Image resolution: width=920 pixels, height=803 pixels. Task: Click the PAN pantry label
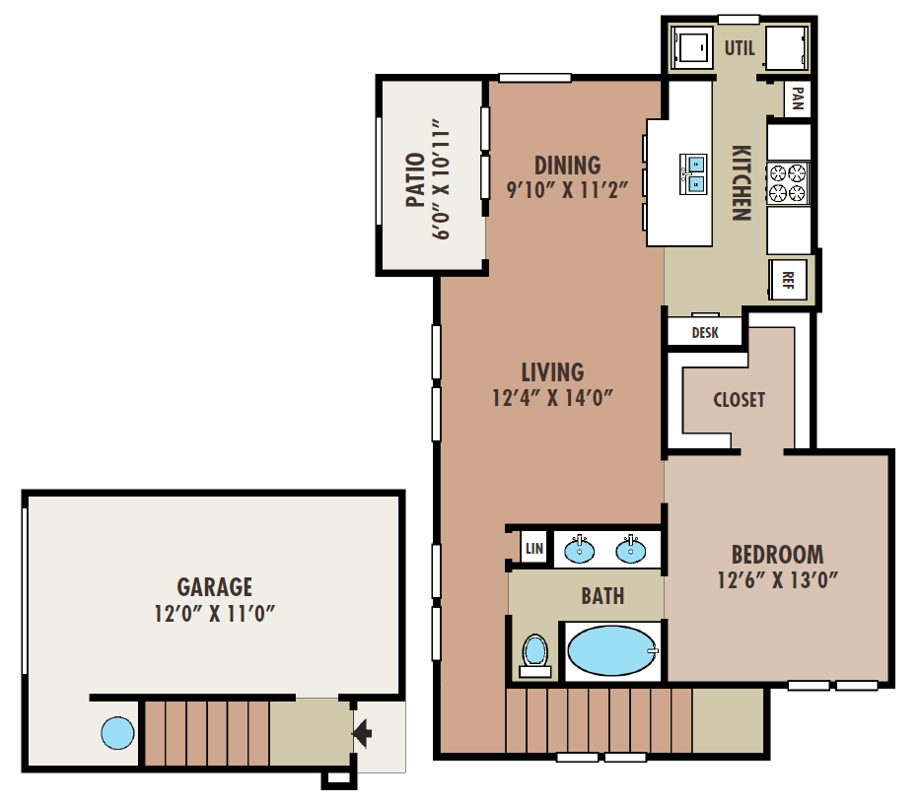point(797,99)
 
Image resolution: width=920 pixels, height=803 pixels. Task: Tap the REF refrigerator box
point(789,278)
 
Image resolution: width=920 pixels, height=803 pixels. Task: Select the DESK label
point(705,333)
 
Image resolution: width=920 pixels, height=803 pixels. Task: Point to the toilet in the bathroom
point(534,653)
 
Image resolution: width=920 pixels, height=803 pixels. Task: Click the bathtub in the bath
point(612,651)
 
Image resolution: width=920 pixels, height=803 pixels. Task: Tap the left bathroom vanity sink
point(580,550)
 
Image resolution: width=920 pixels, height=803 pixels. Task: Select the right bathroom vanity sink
point(631,550)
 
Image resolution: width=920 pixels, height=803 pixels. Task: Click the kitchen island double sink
point(694,173)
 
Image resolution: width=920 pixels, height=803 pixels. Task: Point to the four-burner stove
point(788,182)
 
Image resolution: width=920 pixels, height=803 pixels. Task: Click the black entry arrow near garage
point(362,733)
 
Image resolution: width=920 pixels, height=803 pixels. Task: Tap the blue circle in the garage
point(116,732)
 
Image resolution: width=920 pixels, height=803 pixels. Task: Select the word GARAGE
point(214,587)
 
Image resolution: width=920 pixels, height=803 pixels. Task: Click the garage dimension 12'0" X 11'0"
point(214,613)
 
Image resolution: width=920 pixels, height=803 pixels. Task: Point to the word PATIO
point(415,179)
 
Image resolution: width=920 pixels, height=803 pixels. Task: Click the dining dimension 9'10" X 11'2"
point(567,190)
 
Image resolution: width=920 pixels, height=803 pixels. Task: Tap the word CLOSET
point(739,399)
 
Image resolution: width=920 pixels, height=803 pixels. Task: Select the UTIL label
point(740,47)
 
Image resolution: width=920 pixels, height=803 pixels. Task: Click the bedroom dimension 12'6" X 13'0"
point(777,579)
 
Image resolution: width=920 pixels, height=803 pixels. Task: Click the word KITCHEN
point(742,182)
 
